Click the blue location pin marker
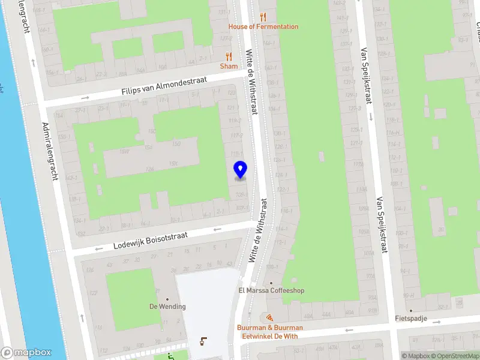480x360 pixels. pos(240,170)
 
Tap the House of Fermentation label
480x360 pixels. pos(263,26)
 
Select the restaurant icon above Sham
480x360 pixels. pos(229,56)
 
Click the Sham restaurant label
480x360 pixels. pos(229,66)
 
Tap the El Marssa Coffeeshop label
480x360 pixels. pos(271,291)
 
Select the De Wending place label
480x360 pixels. pos(167,307)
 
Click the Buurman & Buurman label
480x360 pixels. pos(269,328)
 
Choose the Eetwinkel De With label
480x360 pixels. pos(269,336)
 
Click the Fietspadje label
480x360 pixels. pos(411,319)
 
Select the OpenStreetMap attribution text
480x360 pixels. pos(455,356)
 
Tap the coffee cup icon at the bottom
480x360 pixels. pos(203,341)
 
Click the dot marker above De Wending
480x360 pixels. pos(167,299)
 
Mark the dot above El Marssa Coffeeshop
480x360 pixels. pos(271,283)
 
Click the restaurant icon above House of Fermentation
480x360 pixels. pos(263,17)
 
